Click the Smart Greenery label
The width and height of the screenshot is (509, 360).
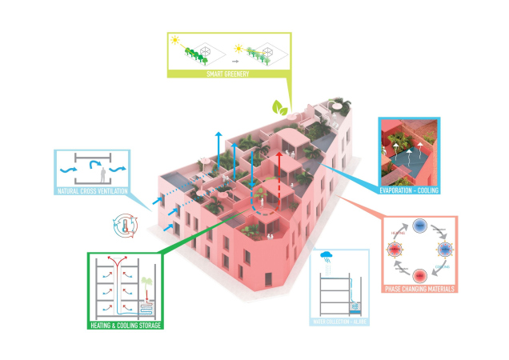(230, 74)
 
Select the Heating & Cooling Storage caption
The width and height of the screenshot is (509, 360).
(125, 326)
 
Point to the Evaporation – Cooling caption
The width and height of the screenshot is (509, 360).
(409, 190)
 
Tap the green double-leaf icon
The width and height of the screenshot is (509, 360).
(279, 106)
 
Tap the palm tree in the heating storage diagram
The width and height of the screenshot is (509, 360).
(147, 283)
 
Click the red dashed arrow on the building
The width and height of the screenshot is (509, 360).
(278, 173)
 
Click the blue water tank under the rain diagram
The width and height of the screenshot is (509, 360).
(358, 309)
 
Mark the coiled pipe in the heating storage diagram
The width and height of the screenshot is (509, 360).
(146, 306)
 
